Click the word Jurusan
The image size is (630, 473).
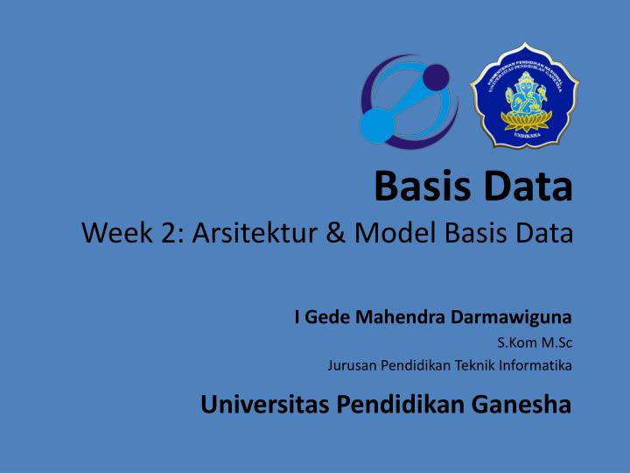(x=349, y=365)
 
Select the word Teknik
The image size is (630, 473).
(x=463, y=365)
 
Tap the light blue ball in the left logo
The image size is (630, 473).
(x=377, y=124)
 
